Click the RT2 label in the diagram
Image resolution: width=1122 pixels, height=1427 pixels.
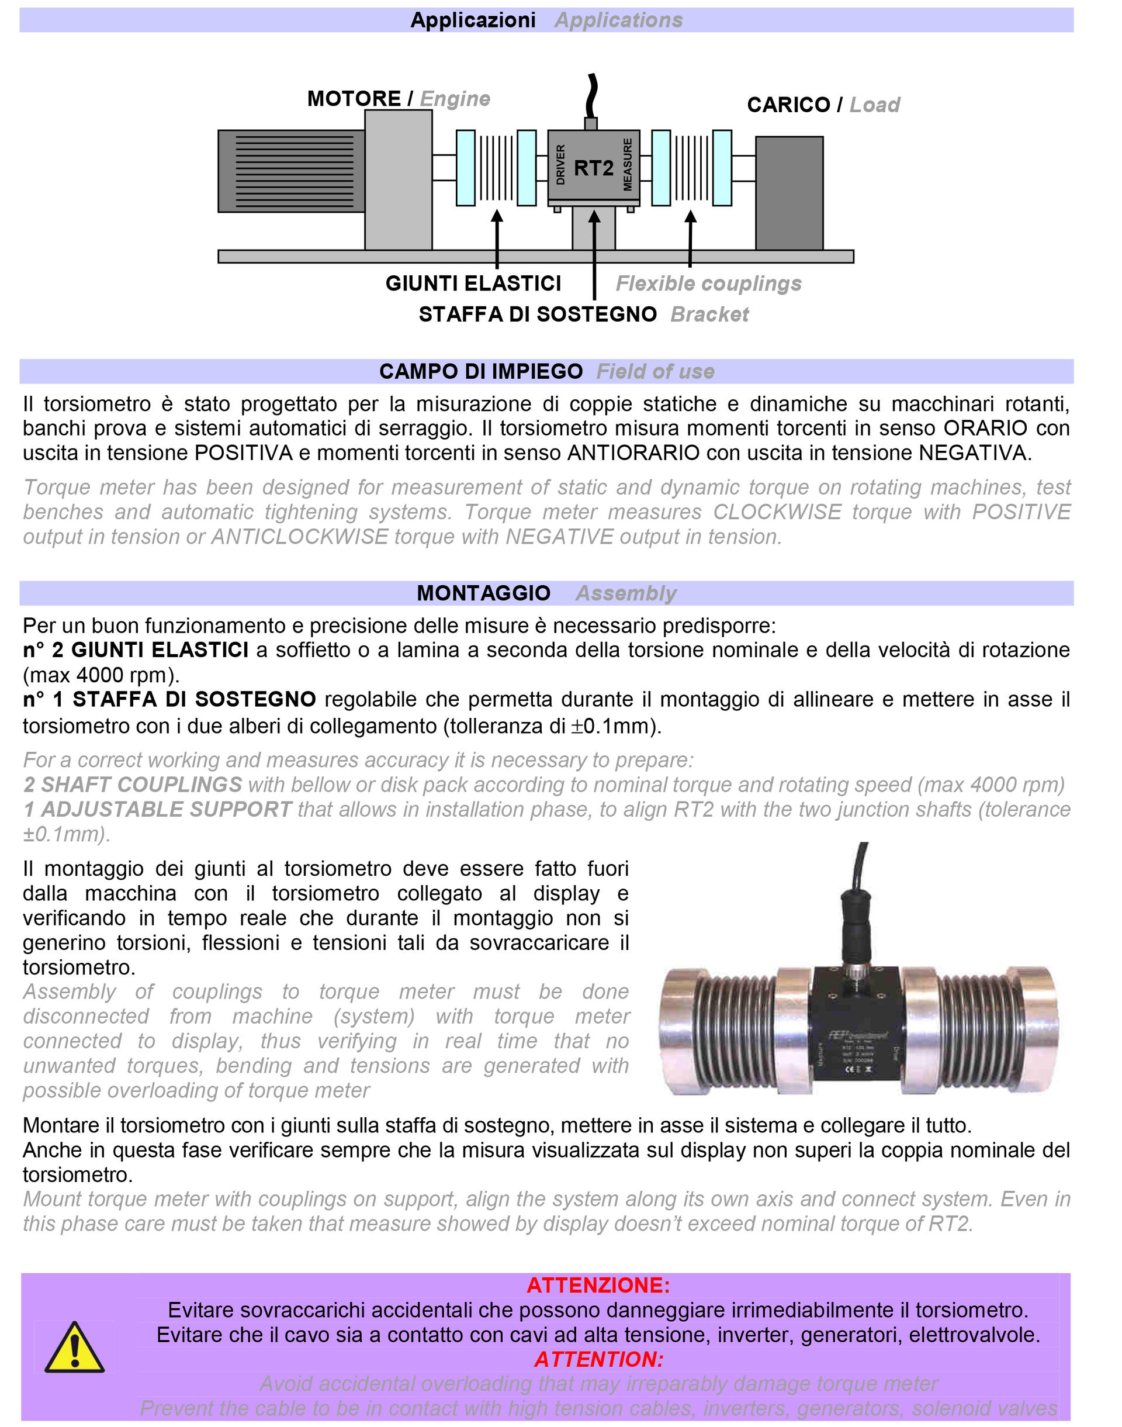[593, 168]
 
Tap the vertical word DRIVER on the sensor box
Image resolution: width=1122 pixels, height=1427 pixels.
[560, 165]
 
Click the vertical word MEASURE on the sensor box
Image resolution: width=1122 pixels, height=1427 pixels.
[628, 165]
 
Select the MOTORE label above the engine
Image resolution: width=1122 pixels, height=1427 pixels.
[354, 99]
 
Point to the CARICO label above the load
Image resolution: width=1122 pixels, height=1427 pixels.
[788, 105]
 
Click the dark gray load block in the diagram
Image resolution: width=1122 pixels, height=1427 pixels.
[789, 192]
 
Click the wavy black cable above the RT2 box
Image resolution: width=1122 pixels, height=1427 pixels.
[592, 96]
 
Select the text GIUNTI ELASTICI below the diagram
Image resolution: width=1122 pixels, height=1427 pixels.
[473, 283]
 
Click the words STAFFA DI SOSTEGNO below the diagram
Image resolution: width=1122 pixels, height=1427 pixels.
[538, 314]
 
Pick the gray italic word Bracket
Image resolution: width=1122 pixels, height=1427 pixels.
[709, 314]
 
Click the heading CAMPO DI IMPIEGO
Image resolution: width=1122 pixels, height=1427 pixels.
[481, 371]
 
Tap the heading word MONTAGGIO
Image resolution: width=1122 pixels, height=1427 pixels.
[483, 593]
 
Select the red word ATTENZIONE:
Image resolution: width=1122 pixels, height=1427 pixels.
[598, 1285]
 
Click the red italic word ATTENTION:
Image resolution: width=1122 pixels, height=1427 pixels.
[598, 1359]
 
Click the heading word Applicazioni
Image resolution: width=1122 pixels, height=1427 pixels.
[473, 20]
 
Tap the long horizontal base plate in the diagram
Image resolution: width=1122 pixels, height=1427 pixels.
[535, 256]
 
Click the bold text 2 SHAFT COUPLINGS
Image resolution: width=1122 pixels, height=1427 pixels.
[133, 785]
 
